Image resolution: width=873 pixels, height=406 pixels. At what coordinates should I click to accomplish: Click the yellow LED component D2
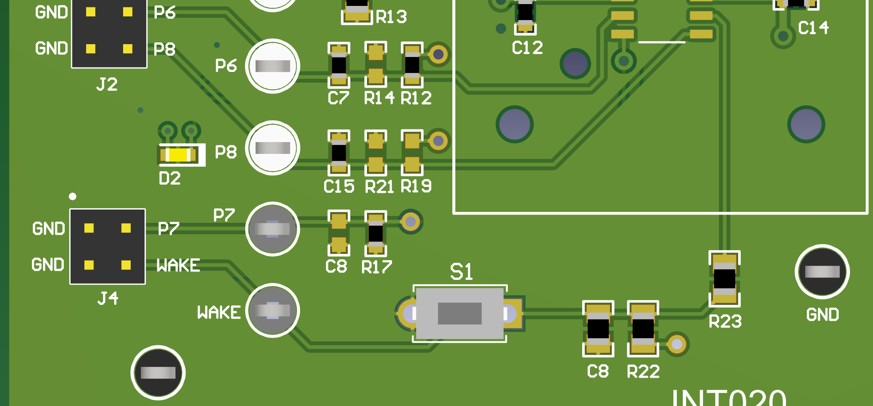coord(178,155)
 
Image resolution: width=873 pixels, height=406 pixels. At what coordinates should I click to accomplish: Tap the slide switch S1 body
coord(460,313)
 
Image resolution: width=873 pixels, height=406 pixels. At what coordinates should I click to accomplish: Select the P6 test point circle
coord(273,66)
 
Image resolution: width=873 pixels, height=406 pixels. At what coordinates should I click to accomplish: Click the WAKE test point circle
coord(273,310)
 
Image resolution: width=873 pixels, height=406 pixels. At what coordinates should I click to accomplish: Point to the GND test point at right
coord(822,272)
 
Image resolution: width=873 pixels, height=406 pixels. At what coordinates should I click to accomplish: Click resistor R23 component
coord(724,279)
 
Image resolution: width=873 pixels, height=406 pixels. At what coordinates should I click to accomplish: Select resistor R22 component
coord(643,329)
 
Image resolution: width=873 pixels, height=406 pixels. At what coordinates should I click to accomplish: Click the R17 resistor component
coord(376,233)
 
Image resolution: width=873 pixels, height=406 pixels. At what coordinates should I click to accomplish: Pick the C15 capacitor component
coord(339,153)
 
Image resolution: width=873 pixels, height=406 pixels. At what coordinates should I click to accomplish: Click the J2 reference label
coord(107,84)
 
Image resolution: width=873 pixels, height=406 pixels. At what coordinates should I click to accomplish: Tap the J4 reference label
coord(108,298)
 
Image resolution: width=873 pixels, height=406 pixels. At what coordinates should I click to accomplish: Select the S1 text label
coord(461,272)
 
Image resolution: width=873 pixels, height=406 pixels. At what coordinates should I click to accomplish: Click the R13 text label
coord(391,17)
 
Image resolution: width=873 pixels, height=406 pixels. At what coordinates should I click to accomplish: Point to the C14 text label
coord(813,28)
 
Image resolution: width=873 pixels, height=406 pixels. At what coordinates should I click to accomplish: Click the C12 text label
coord(527,48)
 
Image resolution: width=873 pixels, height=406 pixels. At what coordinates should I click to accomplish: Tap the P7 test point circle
coord(273,229)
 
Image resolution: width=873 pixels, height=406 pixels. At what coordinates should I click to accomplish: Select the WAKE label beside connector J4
coord(178,265)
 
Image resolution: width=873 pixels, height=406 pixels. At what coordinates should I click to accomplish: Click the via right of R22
coord(677,344)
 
